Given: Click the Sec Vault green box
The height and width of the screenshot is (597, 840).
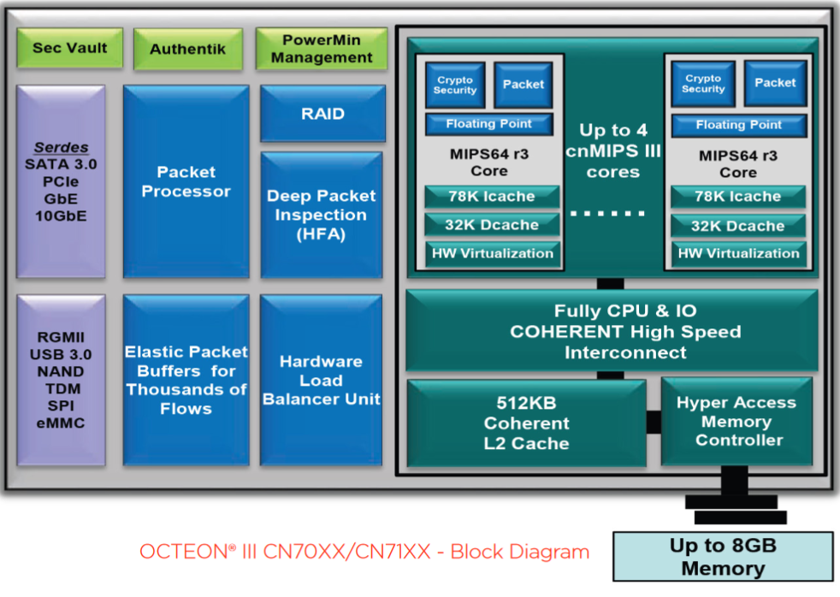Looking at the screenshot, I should [x=70, y=48].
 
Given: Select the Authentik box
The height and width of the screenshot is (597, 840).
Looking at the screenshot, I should [x=188, y=49].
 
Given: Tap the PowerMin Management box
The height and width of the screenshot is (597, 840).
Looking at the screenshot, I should [x=322, y=49].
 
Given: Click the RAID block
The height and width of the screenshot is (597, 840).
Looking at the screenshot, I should [x=322, y=114].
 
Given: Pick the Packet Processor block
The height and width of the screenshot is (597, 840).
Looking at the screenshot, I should [x=186, y=181].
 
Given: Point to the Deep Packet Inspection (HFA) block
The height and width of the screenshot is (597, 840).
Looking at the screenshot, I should [x=322, y=215].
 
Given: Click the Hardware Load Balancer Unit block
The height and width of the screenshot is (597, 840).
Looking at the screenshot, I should [x=322, y=380].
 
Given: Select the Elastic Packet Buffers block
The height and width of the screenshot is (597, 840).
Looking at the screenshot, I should [x=186, y=380].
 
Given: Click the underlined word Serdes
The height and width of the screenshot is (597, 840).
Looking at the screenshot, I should [x=61, y=147].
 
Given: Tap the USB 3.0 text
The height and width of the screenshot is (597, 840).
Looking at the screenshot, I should [x=61, y=354].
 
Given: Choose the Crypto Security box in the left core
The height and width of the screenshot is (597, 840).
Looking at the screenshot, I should [x=455, y=85].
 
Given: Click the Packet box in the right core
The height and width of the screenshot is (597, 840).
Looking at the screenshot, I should [x=775, y=83].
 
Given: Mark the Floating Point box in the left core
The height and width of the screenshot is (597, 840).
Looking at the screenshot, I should [x=489, y=124].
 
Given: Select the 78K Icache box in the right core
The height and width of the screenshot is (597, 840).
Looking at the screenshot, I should [x=738, y=197].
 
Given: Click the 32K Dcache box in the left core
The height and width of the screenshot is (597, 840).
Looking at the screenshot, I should [x=493, y=225].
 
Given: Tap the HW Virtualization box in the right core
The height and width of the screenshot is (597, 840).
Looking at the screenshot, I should [x=738, y=253].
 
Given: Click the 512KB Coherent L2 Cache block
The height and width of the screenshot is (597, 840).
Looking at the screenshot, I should [x=527, y=423].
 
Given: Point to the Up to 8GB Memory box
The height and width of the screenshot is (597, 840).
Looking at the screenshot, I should [x=723, y=557].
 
